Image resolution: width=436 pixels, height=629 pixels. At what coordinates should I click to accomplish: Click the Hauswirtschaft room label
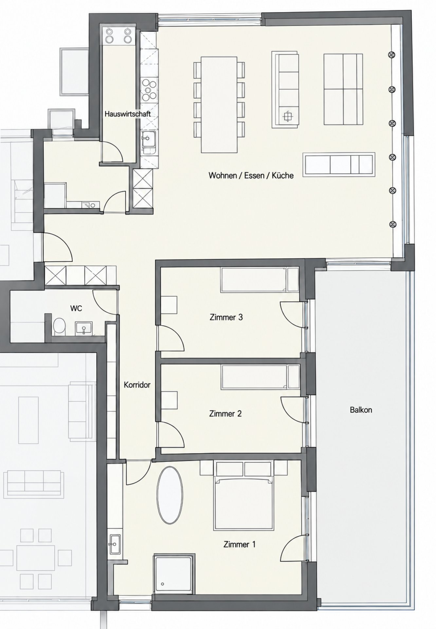point(128,114)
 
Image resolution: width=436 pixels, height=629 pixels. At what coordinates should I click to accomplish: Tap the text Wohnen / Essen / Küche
point(251,175)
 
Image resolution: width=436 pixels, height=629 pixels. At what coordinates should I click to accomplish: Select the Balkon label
point(361,410)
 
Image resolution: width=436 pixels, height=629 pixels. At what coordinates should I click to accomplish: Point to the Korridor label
point(137,385)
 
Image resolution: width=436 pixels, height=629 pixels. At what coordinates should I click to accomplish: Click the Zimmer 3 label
point(226,317)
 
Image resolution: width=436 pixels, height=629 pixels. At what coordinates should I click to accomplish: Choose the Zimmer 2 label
point(226,414)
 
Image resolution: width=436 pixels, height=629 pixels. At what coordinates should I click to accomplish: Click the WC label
point(76,308)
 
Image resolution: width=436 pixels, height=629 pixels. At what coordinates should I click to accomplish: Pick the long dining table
point(219,105)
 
